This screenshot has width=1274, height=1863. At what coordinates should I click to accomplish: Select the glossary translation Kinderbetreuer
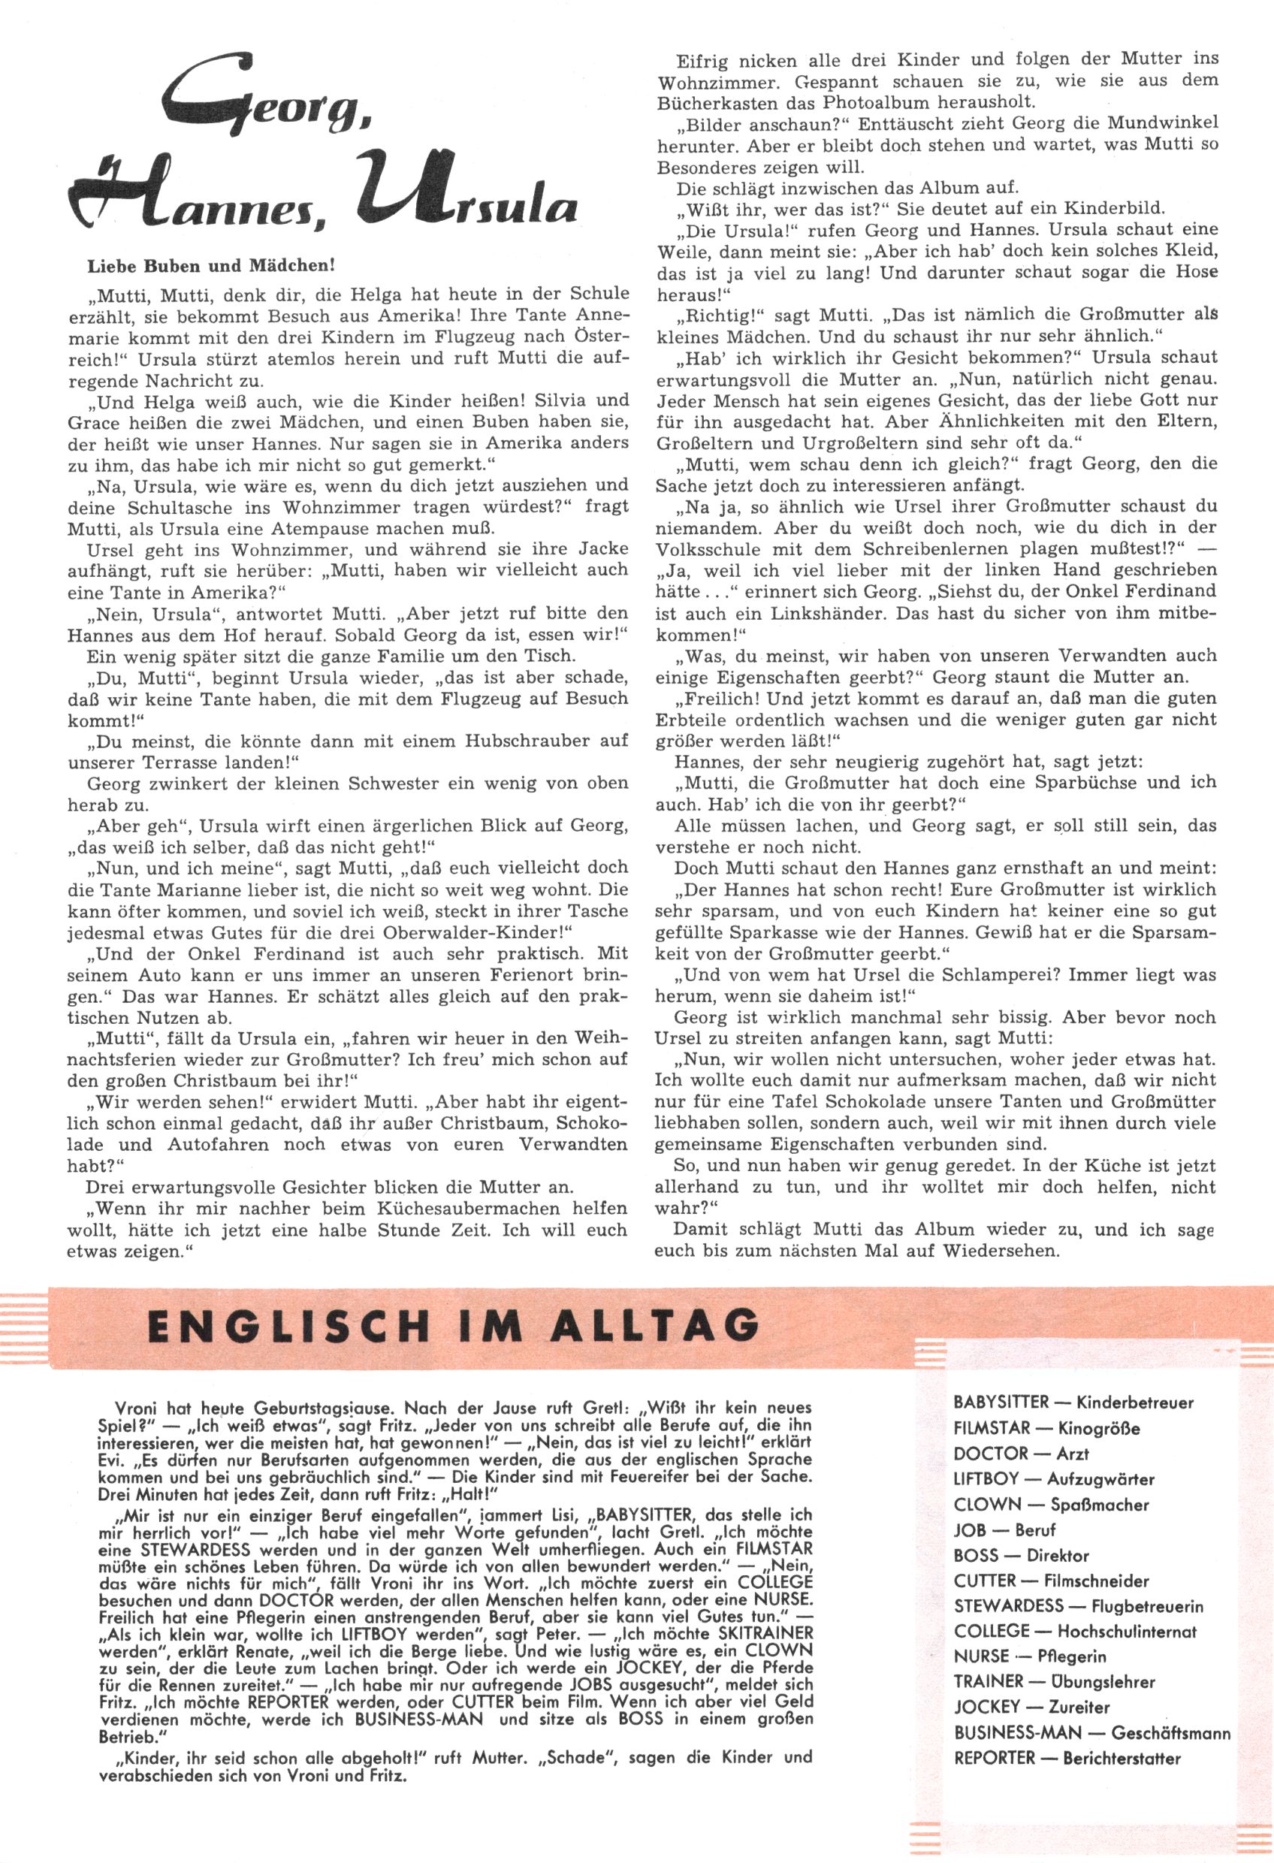tap(1134, 1403)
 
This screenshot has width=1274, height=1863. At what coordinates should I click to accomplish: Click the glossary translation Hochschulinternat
tap(1127, 1632)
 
